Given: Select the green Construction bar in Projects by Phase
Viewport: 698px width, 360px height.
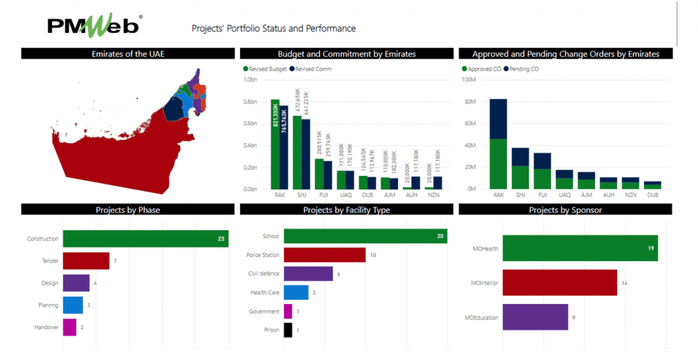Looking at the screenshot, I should tap(145, 239).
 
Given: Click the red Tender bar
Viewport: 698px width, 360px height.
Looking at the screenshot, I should tap(86, 260).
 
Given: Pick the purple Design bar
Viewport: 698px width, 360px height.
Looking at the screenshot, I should tap(76, 282).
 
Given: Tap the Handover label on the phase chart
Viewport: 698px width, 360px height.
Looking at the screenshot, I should tap(46, 327).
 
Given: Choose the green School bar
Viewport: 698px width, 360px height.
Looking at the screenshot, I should tap(365, 236).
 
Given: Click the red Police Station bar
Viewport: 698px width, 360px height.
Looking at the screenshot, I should tap(324, 255).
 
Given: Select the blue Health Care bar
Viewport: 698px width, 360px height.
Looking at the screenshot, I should tap(296, 292).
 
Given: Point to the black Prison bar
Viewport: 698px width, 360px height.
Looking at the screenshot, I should tap(288, 330).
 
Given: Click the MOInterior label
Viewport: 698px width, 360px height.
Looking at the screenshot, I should tap(481, 282).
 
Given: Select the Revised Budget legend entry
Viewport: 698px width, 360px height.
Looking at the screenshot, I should tap(263, 69).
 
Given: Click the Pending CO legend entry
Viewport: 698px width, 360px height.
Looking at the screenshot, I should tap(522, 69).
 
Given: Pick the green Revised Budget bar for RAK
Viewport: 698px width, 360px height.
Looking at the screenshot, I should tap(275, 145).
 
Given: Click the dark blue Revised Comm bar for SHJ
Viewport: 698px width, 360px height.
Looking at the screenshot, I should tap(306, 154).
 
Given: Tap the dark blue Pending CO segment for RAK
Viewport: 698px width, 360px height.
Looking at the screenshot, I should tap(498, 119).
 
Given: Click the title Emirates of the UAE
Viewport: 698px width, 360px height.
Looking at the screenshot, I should tap(128, 54).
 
